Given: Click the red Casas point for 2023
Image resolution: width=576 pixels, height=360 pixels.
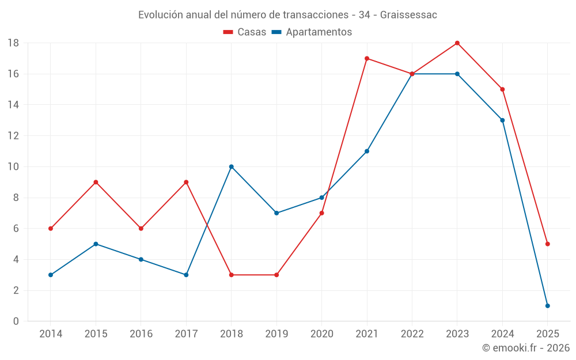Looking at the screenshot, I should (x=457, y=43).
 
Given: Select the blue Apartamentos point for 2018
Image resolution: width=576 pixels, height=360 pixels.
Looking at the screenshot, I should (x=232, y=166).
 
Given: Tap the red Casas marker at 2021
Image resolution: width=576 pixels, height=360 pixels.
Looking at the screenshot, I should (x=367, y=58).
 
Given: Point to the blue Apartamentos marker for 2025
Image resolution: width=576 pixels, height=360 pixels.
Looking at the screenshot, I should (x=548, y=306).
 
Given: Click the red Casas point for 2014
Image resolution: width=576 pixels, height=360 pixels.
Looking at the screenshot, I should (x=51, y=229).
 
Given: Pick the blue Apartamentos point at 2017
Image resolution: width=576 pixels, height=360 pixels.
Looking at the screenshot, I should (x=186, y=275).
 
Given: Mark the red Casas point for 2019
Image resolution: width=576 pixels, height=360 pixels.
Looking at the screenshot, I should (x=276, y=275).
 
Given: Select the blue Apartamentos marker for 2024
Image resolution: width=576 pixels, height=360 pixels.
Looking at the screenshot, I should (x=502, y=120).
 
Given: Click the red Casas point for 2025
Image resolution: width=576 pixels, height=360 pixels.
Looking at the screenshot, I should (x=548, y=244).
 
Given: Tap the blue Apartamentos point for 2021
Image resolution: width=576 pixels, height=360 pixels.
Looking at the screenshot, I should (x=367, y=151).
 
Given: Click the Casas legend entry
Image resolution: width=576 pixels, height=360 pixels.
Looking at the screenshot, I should (x=245, y=32).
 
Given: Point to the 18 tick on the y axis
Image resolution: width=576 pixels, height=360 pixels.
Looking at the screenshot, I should (x=13, y=43).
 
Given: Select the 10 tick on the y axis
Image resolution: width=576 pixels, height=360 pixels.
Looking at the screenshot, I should (x=13, y=166).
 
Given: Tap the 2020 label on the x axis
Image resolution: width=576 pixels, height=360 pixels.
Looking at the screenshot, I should (x=321, y=334).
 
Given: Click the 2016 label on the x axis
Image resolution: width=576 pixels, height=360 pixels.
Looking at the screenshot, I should (x=141, y=334).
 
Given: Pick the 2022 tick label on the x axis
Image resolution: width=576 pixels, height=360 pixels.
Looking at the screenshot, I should (x=412, y=334).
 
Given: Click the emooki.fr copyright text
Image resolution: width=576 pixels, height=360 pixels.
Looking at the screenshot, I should (x=526, y=348).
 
